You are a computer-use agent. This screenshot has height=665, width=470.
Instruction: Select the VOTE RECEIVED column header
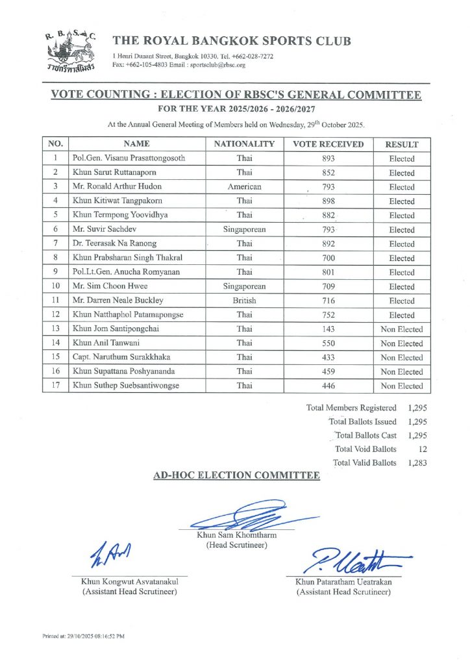[328, 144]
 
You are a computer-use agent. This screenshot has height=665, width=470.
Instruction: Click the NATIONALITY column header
[244, 144]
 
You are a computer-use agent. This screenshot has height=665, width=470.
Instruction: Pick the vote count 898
[328, 201]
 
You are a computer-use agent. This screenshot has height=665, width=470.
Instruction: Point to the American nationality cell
[244, 187]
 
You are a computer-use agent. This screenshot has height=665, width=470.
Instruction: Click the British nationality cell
[244, 301]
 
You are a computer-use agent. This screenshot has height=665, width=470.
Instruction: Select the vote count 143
[328, 329]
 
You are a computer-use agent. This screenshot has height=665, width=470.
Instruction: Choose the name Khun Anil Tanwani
[106, 344]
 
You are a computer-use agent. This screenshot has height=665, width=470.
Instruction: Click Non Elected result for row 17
[401, 386]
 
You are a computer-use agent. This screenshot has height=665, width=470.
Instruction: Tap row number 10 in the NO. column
[56, 286]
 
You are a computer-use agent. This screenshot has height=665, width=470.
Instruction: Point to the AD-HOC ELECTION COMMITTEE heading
[236, 476]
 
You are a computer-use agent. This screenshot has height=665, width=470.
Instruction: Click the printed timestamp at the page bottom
[84, 636]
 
